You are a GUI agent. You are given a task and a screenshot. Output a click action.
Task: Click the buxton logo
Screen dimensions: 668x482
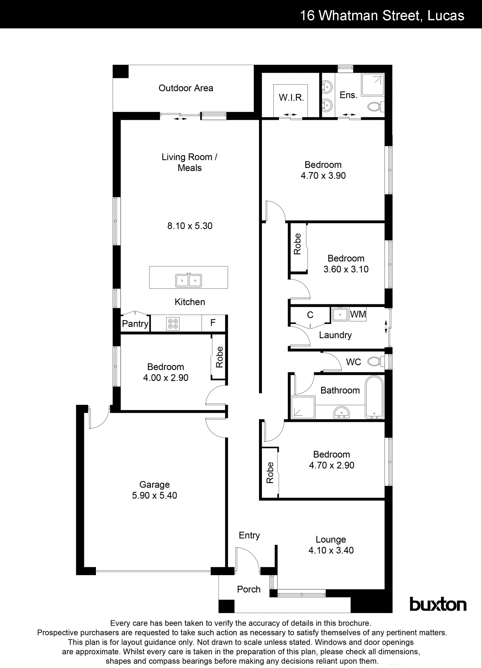click(x=438, y=605)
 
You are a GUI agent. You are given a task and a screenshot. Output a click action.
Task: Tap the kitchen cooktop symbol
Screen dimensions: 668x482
click(x=173, y=324)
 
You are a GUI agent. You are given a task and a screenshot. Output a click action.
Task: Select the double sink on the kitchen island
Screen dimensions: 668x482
click(x=189, y=280)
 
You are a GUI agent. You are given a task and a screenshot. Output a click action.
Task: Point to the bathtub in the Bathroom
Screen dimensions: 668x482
click(x=374, y=397)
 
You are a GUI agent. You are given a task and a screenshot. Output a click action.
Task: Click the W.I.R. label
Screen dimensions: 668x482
click(x=291, y=97)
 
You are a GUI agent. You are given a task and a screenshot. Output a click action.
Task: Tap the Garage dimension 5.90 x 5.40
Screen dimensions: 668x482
click(x=154, y=495)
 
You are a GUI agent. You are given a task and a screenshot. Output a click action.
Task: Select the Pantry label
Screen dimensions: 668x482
click(x=135, y=324)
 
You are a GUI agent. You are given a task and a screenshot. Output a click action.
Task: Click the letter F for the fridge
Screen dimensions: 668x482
click(x=213, y=323)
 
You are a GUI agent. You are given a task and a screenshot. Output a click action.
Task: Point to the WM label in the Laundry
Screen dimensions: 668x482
click(x=358, y=314)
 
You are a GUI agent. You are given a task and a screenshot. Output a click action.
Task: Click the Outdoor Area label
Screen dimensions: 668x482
click(x=186, y=88)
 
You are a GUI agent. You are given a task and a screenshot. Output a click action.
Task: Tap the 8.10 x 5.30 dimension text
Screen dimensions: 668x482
click(x=190, y=226)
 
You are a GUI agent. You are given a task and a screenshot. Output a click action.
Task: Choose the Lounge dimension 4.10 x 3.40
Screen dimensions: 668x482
click(x=331, y=550)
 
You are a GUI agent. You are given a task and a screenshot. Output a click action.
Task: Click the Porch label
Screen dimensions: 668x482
click(x=249, y=589)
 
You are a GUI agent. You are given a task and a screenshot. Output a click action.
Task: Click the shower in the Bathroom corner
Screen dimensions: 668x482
click(x=302, y=407)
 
